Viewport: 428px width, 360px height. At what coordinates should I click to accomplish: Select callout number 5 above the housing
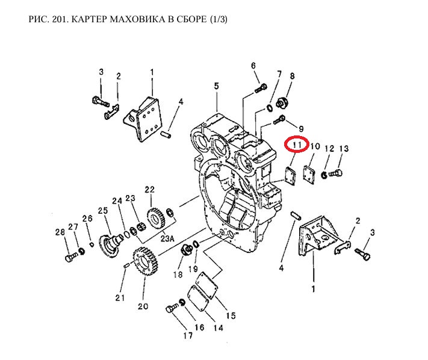click(x=216, y=87)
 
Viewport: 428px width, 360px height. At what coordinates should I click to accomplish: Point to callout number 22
click(x=149, y=189)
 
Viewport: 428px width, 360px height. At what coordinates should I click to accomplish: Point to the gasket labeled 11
click(x=291, y=175)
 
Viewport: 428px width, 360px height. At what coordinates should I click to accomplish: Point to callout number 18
click(x=178, y=275)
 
